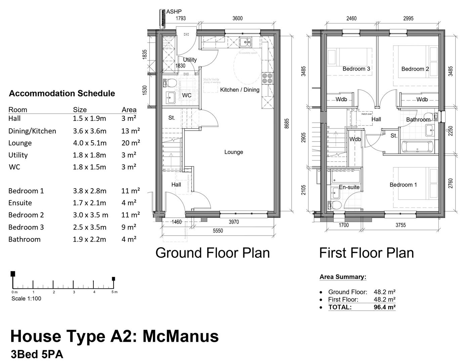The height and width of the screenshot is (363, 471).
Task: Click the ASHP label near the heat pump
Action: coord(174,12)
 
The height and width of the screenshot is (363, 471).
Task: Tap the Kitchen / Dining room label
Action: coord(240,90)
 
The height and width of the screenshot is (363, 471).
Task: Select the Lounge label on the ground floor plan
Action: coord(233,152)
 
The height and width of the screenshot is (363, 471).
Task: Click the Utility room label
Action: coord(189,59)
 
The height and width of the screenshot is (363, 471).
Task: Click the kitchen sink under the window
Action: coord(246,42)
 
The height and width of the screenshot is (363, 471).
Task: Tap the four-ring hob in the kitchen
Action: coord(267,78)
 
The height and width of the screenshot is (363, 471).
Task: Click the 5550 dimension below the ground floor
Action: coord(218,231)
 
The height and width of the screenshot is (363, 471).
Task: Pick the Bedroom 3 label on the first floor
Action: coord(356,69)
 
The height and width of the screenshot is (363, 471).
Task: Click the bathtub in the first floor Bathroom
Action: coord(417,147)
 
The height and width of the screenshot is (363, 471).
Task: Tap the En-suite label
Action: coord(349,187)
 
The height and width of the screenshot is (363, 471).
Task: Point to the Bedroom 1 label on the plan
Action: coord(403,185)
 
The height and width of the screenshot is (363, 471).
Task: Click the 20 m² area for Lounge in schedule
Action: coord(130,143)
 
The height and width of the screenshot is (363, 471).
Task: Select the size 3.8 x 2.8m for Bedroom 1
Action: coord(89,191)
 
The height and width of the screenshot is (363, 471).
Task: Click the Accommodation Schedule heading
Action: coord(62,93)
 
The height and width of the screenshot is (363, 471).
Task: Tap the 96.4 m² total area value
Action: coord(384,307)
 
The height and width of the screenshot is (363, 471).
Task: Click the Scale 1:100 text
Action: coord(26,298)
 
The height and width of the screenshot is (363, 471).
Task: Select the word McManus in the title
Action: coord(181,336)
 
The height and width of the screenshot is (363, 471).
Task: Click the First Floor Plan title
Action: coord(366,253)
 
